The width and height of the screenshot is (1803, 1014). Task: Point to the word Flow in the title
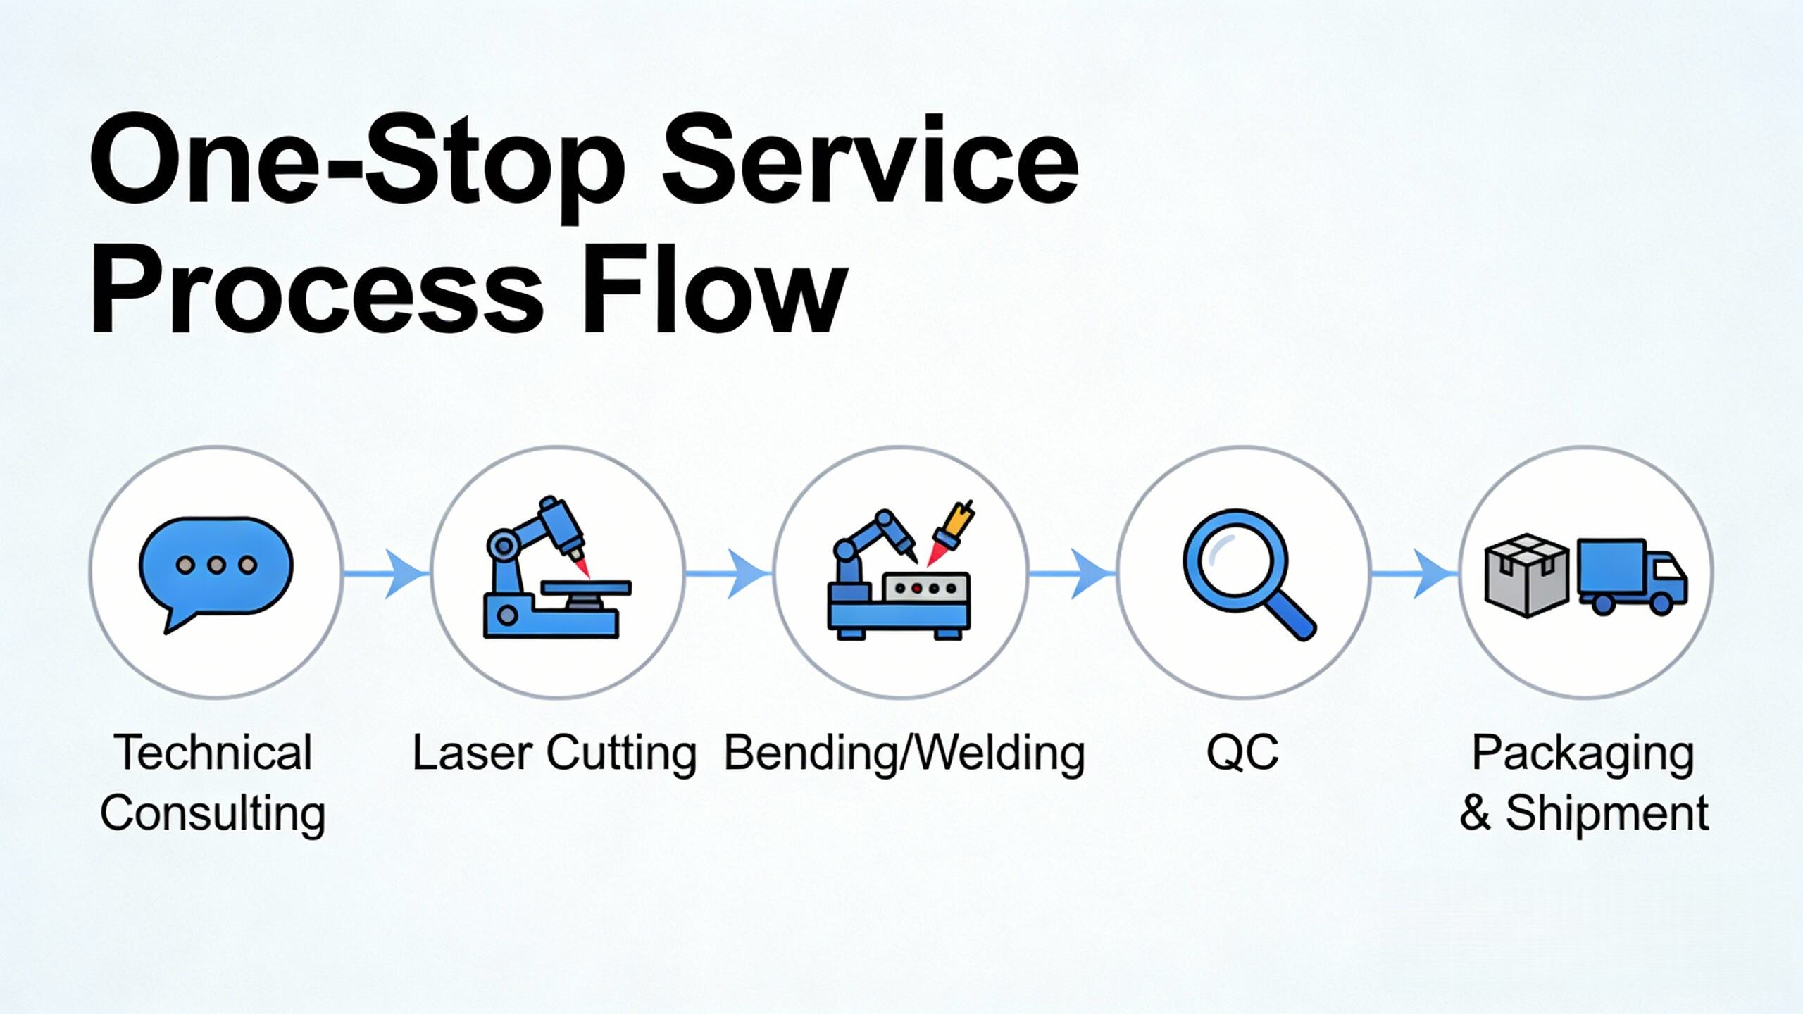click(714, 287)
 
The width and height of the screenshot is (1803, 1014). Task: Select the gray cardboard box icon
click(1527, 575)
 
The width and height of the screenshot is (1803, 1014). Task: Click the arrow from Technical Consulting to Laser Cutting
click(386, 575)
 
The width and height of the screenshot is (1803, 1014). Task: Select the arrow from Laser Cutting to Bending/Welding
click(728, 575)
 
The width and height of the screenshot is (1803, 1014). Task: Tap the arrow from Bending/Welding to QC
click(1071, 575)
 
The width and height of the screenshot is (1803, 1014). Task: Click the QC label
click(1242, 753)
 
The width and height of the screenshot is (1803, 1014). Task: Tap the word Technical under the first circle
click(213, 753)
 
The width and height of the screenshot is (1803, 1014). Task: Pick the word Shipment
click(1607, 813)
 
